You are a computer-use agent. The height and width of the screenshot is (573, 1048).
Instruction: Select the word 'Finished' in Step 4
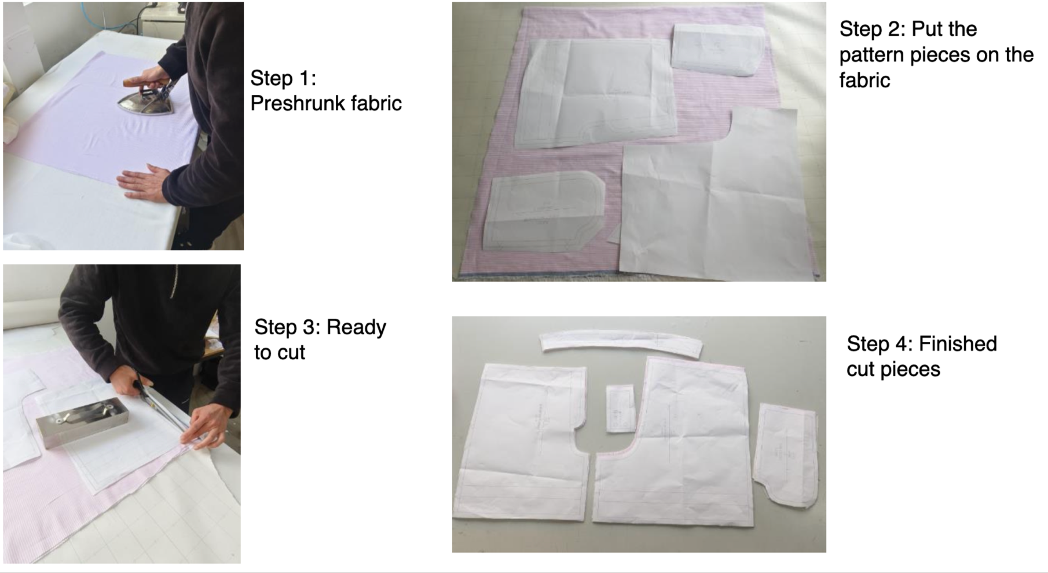tap(958, 344)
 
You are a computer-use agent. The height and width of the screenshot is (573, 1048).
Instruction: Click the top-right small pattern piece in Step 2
tap(718, 50)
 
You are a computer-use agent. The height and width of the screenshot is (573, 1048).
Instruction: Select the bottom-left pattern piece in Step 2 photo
tap(544, 212)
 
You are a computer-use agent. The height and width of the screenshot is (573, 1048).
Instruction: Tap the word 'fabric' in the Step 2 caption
tap(864, 80)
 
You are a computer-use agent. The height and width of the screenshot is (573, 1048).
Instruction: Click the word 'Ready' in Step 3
tap(356, 327)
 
